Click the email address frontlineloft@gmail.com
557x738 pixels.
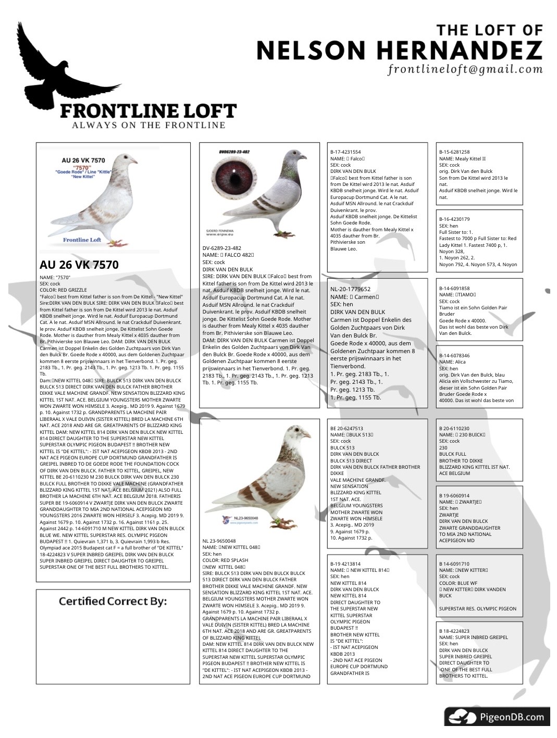click(465, 69)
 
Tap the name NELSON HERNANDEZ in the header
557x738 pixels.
click(399, 51)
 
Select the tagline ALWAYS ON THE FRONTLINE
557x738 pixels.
click(148, 125)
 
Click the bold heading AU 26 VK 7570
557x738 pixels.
click(79, 265)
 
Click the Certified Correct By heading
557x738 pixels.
click(113, 602)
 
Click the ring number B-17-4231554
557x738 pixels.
click(345, 152)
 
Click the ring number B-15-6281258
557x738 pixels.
click(454, 152)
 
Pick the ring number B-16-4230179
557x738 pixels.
click(454, 219)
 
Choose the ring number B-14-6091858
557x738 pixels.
click(454, 288)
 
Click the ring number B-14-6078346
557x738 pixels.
click(454, 355)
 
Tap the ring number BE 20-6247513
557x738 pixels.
click(346, 428)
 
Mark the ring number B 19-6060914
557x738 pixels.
click(454, 495)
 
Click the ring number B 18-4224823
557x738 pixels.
click(454, 631)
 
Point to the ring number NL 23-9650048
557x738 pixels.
click(219, 541)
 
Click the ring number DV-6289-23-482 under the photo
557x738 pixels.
click(222, 248)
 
